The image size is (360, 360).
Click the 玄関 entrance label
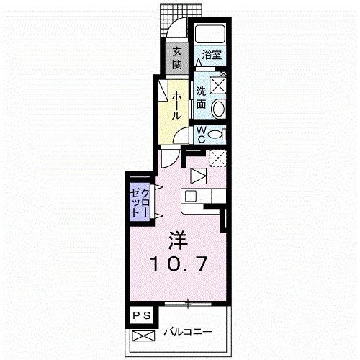[177, 58]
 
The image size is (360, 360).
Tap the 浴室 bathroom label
[212, 55]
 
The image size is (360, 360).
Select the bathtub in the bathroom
[210, 34]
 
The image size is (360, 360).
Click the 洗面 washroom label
[202, 98]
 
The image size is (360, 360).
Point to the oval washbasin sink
[218, 108]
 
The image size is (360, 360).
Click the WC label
[202, 135]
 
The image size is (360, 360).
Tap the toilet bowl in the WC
[215, 135]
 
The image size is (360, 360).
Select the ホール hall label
[176, 106]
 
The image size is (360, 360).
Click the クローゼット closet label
[140, 202]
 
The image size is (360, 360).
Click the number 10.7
[179, 264]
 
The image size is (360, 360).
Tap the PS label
[142, 315]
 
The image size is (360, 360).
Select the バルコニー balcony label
[188, 332]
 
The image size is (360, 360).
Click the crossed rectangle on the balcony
[143, 336]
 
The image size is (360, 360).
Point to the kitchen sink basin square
[191, 197]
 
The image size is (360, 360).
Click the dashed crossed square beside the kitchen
[217, 158]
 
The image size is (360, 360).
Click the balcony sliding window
[188, 304]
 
